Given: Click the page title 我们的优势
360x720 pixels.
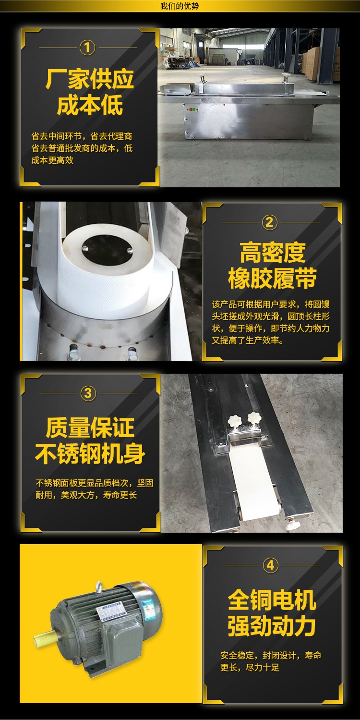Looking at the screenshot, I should [180, 6].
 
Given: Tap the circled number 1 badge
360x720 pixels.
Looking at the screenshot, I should [87, 48].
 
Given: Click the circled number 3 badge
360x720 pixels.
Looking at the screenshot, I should [88, 393].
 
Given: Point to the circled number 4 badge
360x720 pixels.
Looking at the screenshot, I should [270, 565].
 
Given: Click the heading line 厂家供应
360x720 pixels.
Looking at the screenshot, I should [90, 79].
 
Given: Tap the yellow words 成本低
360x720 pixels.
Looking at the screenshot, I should [90, 106].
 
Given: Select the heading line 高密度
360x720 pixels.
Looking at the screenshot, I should [272, 253].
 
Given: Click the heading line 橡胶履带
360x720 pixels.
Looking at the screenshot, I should [272, 279].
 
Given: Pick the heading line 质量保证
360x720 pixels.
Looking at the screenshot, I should [90, 427].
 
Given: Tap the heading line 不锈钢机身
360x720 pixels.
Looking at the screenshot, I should [90, 453].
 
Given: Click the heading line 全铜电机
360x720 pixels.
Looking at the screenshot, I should [272, 600].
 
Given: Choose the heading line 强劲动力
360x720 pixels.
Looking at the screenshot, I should [272, 626].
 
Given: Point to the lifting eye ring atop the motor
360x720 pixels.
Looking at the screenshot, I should [99, 586].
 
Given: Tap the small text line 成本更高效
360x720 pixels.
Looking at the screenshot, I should [52, 160].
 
